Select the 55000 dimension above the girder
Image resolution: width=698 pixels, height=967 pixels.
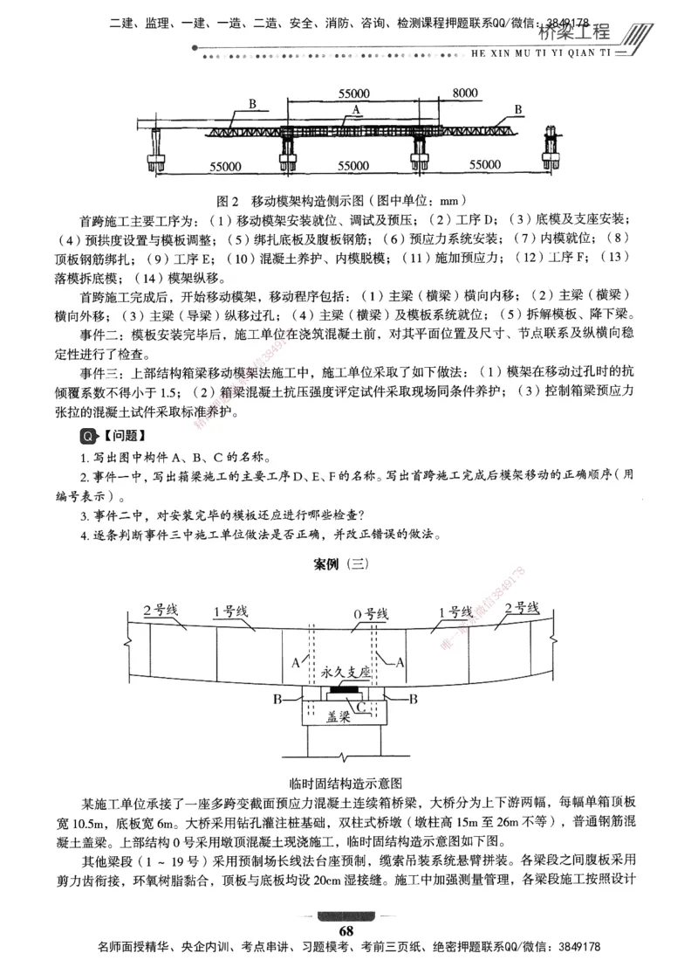tap(352, 93)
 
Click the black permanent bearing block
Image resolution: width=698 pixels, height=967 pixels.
tap(348, 690)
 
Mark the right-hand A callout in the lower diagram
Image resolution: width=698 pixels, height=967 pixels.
tap(400, 663)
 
